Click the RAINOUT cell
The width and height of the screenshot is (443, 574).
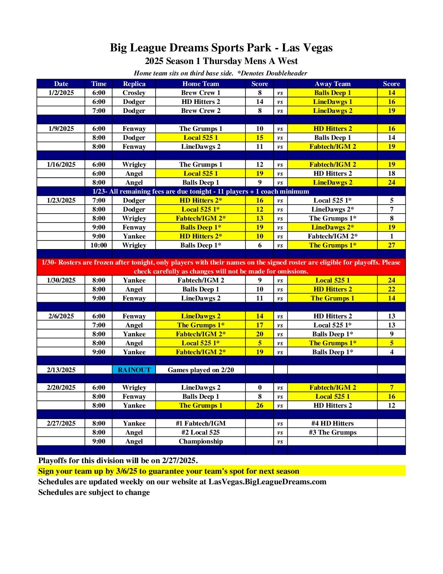pos(134,370)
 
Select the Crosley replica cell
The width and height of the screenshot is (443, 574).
pos(134,93)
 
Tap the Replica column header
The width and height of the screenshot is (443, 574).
pos(134,84)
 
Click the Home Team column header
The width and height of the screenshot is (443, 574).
pos(200,84)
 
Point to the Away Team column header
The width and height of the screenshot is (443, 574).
pos(332,84)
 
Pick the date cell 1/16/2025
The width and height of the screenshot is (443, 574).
pos(61,164)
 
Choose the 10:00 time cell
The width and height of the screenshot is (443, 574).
pos(99,245)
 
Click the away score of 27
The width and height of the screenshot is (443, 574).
pos(391,245)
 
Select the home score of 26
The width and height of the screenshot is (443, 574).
pos(259,405)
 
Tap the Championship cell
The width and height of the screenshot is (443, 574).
pos(200,441)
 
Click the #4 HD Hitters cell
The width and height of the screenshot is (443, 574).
pos(332,423)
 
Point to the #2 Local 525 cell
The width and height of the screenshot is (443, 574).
pos(200,432)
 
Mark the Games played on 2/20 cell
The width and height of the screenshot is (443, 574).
pos(200,370)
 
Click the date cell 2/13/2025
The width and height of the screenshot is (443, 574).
pos(61,370)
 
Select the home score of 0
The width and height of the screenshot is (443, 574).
pos(259,387)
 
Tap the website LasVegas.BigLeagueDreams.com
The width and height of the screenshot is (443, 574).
pos(267,481)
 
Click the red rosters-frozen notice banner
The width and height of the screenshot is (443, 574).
pos(221,267)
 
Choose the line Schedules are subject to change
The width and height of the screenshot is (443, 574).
pos(94,492)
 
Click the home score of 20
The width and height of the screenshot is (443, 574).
pos(259,334)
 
